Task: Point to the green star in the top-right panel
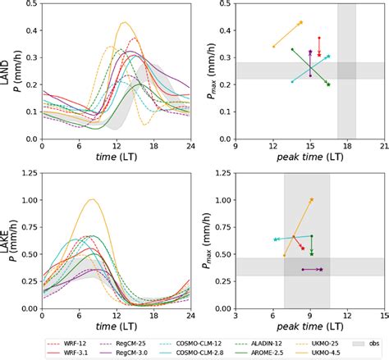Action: [328, 84]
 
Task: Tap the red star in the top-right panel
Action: [318, 37]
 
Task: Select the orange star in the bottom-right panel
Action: [311, 199]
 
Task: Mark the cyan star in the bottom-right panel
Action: [275, 239]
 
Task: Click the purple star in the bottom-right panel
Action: [321, 269]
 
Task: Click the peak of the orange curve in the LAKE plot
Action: [92, 199]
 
